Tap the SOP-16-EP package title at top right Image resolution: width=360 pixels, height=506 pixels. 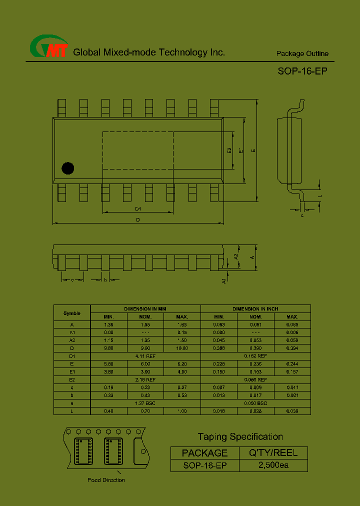(x=302, y=71)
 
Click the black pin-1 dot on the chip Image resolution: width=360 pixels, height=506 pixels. (x=67, y=168)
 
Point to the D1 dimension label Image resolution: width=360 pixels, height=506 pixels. (x=138, y=209)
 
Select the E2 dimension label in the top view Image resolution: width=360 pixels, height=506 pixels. (x=229, y=150)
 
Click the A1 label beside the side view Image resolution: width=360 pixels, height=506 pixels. (x=224, y=280)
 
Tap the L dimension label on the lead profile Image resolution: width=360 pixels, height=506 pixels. (x=320, y=196)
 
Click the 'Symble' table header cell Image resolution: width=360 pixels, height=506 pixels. (x=72, y=313)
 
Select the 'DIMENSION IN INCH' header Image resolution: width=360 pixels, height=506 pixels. (x=255, y=309)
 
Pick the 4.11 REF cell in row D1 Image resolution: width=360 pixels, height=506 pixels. (x=145, y=355)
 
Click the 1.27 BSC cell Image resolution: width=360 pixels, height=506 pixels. (x=145, y=403)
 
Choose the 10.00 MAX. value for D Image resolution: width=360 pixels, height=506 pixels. (x=182, y=348)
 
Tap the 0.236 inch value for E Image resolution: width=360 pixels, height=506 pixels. (x=255, y=364)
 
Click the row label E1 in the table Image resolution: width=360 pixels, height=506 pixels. (x=72, y=371)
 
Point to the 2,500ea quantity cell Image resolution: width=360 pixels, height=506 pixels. (x=273, y=465)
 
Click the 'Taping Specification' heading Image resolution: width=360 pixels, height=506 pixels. (x=240, y=437)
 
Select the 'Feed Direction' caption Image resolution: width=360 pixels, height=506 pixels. (x=106, y=480)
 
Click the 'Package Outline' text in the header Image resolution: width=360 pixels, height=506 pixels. (x=302, y=53)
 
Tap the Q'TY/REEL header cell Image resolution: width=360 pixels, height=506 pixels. (x=273, y=453)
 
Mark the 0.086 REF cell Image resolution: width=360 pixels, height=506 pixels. (x=255, y=379)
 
